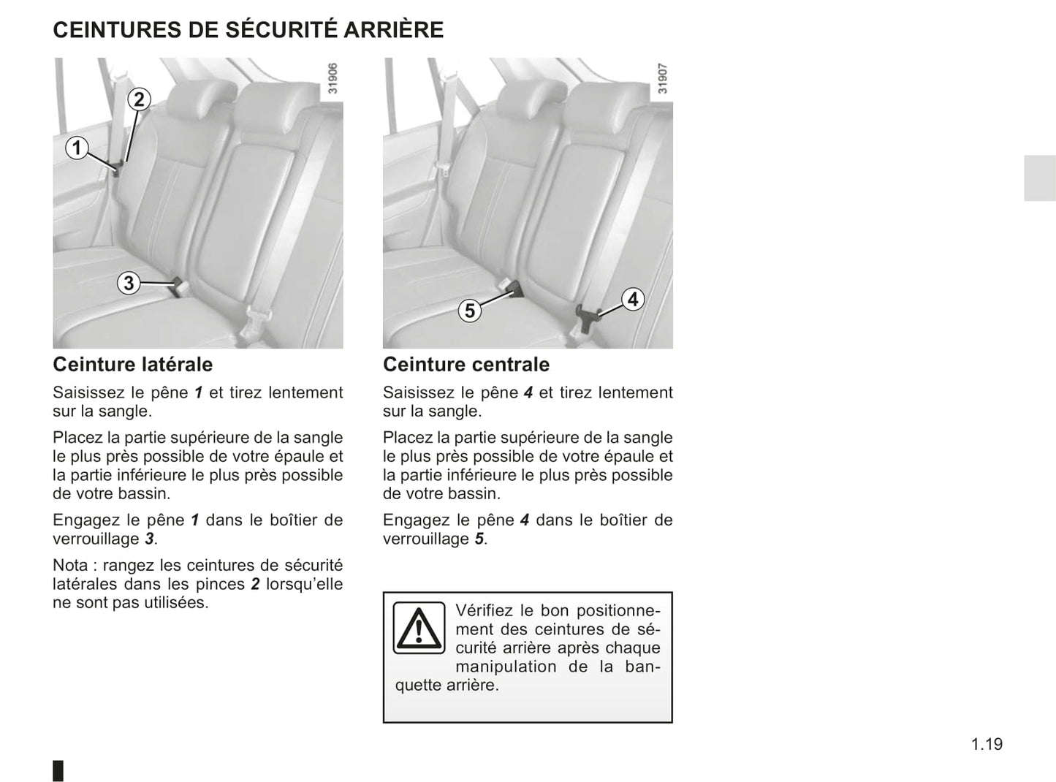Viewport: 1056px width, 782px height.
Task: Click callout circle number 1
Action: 77,148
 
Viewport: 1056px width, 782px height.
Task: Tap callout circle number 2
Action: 139,99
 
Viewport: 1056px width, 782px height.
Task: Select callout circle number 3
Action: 129,283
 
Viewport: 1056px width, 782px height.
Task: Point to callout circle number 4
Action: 633,299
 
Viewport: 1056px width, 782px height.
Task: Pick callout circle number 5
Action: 470,311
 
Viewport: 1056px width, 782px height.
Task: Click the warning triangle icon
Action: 419,628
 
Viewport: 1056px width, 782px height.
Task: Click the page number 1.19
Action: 987,744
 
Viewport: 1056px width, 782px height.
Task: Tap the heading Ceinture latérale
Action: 133,364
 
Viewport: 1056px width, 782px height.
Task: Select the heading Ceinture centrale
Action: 466,364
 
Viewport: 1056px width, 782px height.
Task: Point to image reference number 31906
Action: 333,78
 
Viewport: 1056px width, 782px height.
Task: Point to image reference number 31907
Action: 662,78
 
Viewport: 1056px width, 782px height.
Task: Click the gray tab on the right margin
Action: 1039,178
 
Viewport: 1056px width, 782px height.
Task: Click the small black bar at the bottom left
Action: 58,770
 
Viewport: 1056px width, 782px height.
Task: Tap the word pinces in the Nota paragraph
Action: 221,584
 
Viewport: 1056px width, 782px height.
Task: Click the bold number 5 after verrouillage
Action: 479,539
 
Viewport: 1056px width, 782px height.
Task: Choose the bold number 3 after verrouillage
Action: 149,539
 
